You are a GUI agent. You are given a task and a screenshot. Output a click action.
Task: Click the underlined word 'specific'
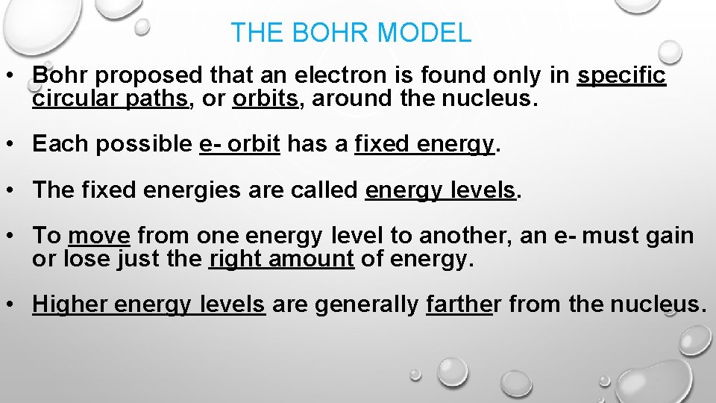(x=621, y=75)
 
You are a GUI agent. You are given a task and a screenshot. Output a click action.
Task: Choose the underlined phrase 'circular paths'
(x=110, y=99)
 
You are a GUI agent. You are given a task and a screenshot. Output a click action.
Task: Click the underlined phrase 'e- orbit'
(x=239, y=144)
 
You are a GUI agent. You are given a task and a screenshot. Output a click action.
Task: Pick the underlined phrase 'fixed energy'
(x=424, y=144)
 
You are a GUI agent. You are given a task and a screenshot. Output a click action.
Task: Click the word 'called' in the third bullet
(x=321, y=190)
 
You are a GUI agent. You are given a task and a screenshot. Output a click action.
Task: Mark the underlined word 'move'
(x=99, y=237)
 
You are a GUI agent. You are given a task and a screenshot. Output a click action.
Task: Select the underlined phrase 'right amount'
(x=281, y=259)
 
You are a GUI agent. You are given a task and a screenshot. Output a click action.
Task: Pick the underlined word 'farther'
(x=459, y=304)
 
